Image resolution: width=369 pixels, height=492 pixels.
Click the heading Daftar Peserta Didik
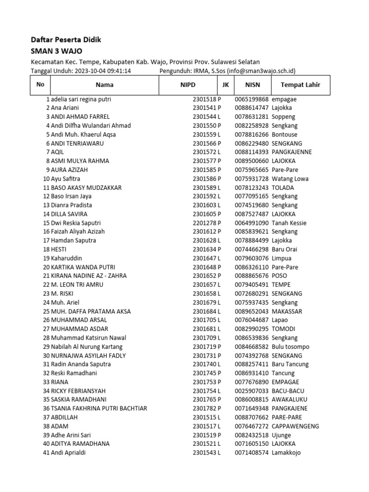click(x=66, y=40)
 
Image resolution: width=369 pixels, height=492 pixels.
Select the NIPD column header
click(x=188, y=85)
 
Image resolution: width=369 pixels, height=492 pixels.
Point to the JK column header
click(x=225, y=85)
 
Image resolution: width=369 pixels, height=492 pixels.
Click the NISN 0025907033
click(x=252, y=391)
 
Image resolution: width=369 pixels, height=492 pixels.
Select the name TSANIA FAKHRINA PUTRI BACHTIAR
click(x=99, y=408)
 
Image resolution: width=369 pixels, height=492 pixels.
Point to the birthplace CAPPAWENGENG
click(x=295, y=426)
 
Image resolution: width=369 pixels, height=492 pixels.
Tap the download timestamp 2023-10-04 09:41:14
click(x=103, y=71)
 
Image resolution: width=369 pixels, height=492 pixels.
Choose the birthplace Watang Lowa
click(x=290, y=179)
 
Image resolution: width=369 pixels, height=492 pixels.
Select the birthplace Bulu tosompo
click(x=291, y=346)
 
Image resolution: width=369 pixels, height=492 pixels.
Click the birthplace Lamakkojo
click(x=286, y=453)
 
